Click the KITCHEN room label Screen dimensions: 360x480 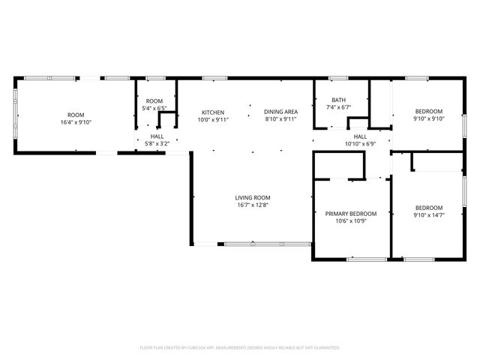point(212,112)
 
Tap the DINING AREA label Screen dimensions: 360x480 point(280,112)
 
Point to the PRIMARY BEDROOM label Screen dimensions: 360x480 point(350,214)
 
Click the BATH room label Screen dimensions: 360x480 point(339,100)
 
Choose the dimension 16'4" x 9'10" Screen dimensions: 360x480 point(76,122)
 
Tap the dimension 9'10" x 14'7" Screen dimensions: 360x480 point(429,215)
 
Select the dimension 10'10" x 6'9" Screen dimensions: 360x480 point(360,143)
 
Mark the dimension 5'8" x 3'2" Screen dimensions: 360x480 point(157,143)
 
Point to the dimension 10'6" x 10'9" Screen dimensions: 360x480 point(350,221)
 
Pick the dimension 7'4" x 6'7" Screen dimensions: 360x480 point(339,107)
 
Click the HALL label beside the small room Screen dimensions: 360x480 point(157,136)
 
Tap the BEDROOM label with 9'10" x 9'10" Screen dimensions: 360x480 point(429,111)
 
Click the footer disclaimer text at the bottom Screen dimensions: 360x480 point(240,348)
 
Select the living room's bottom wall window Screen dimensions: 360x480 point(267,243)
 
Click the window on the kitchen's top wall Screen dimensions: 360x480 point(214,77)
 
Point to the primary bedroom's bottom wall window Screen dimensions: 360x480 point(367,259)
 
